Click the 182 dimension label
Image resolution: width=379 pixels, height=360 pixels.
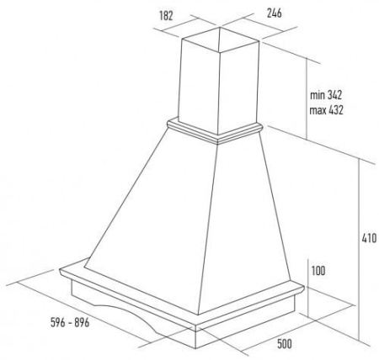(x=166, y=16)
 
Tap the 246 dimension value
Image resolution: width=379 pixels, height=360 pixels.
(x=274, y=13)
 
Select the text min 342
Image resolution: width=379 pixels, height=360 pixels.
(x=326, y=95)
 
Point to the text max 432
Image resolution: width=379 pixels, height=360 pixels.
(x=326, y=110)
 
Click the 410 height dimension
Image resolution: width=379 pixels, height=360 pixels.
(x=369, y=238)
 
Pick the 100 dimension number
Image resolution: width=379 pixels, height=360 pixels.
(x=318, y=271)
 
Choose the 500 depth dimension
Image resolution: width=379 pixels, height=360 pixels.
(x=285, y=344)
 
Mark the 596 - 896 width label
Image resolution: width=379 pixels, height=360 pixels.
(x=70, y=322)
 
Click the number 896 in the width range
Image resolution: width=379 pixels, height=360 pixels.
(x=82, y=322)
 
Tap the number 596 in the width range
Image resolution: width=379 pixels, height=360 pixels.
(x=58, y=322)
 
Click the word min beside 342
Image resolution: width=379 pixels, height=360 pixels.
(x=318, y=95)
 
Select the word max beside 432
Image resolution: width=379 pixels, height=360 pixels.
(x=318, y=110)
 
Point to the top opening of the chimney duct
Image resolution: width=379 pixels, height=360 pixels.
(x=220, y=40)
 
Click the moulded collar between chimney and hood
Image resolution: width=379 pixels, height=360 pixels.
(x=216, y=132)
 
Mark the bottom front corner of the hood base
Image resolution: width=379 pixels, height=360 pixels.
(x=195, y=348)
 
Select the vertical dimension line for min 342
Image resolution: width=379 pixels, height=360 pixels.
(x=307, y=98)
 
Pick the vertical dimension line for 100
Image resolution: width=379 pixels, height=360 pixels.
(x=308, y=288)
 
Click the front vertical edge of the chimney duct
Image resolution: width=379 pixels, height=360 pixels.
(x=219, y=93)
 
